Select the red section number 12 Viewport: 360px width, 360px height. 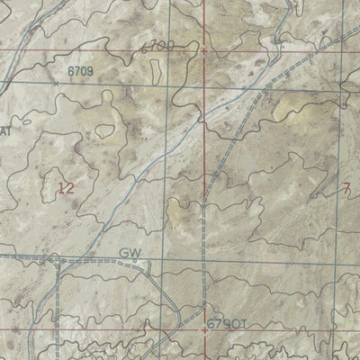click(65, 187)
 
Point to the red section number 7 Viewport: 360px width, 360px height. click(347, 187)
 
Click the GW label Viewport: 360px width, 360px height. click(130, 254)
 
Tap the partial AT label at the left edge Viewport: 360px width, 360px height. click(4, 132)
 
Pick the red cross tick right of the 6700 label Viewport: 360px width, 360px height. click(204, 51)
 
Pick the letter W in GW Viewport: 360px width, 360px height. click(136, 254)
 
